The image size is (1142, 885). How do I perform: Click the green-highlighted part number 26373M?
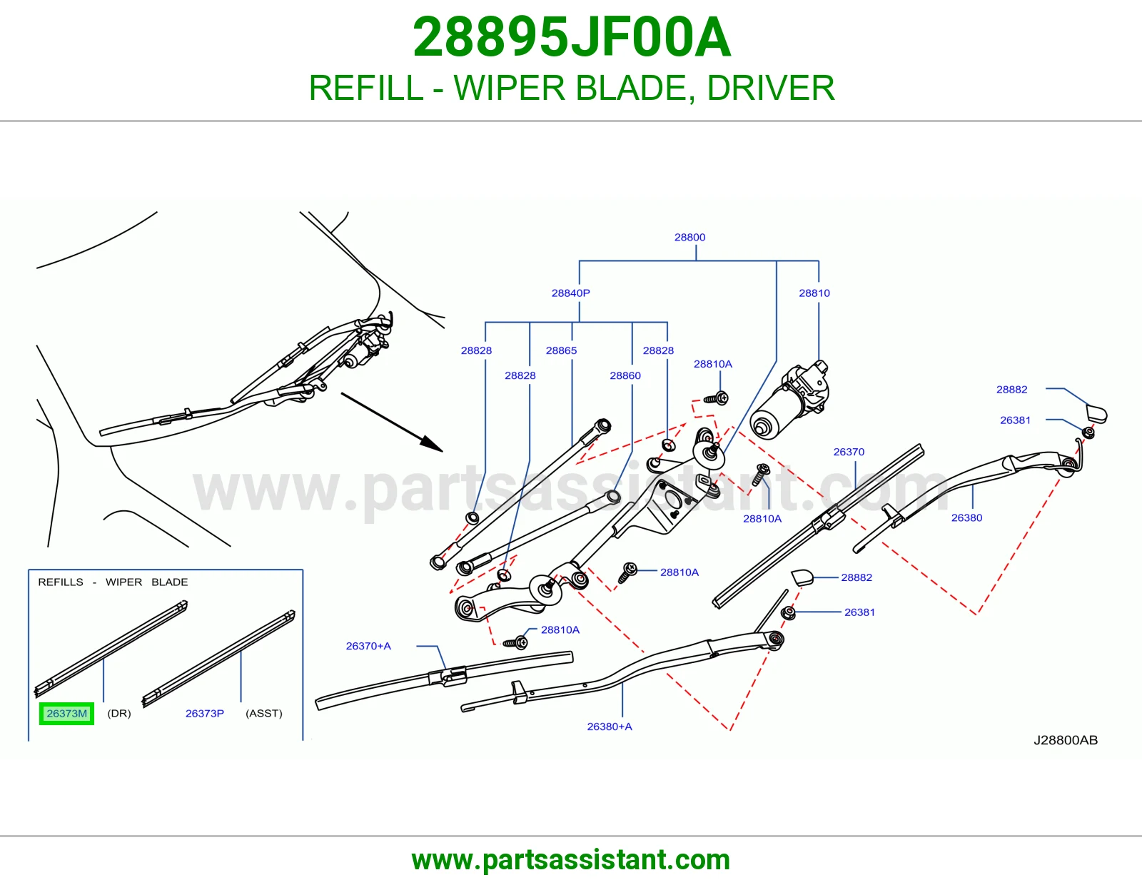point(67,713)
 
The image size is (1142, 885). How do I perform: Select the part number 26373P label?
point(204,713)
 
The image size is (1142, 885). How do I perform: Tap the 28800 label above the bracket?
point(689,237)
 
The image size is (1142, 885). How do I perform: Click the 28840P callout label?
point(570,293)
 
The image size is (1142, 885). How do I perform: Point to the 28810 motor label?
point(814,293)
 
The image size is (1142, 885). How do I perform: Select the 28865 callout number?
point(561,350)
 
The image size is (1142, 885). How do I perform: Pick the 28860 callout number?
point(625,375)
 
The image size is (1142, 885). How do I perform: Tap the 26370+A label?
point(368,646)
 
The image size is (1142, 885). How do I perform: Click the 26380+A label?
point(609,727)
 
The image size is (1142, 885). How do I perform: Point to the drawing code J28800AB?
point(1065,740)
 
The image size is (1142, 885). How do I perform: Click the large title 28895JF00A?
point(571,37)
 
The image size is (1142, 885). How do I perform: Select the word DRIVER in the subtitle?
point(770,88)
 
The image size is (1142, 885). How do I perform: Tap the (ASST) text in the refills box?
point(264,713)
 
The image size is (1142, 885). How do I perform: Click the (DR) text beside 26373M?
point(118,713)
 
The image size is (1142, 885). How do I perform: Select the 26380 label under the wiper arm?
point(966,517)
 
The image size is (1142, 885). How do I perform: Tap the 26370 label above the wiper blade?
point(849,452)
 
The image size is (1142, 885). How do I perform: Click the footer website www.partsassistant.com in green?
point(571,860)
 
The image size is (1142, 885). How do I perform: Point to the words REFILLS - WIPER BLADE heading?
point(113,582)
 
